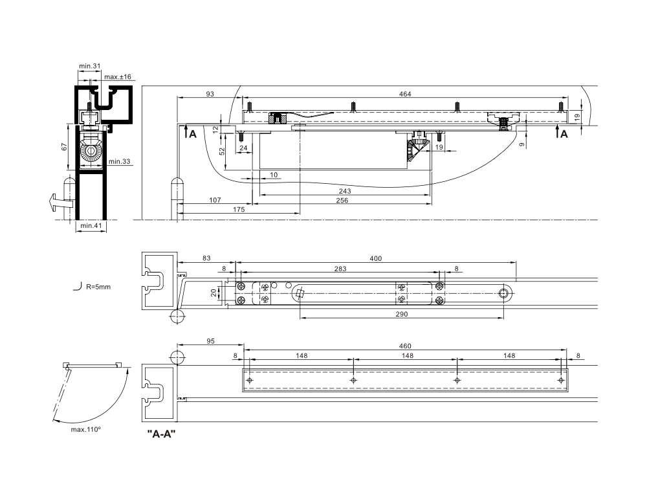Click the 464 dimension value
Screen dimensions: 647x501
point(405,94)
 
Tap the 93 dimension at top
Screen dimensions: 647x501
point(210,94)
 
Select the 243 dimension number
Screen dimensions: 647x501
point(345,191)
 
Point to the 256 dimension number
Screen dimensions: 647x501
point(342,201)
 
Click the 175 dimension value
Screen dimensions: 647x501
point(239,210)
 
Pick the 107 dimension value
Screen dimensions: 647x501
point(215,201)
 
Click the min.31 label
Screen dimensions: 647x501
point(90,66)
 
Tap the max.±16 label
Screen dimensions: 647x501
point(118,77)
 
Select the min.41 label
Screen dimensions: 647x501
point(91,226)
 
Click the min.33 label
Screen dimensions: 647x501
point(120,161)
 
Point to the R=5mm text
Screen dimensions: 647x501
point(98,287)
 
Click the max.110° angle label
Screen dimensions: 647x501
point(86,430)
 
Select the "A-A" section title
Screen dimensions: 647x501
point(162,434)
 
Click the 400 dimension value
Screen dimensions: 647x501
point(375,259)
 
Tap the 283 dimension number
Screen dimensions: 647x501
point(340,269)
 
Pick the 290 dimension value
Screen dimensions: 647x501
point(402,315)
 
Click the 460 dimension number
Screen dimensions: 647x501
point(405,346)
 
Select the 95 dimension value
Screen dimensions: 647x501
point(210,342)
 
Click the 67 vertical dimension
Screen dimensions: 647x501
point(64,147)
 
